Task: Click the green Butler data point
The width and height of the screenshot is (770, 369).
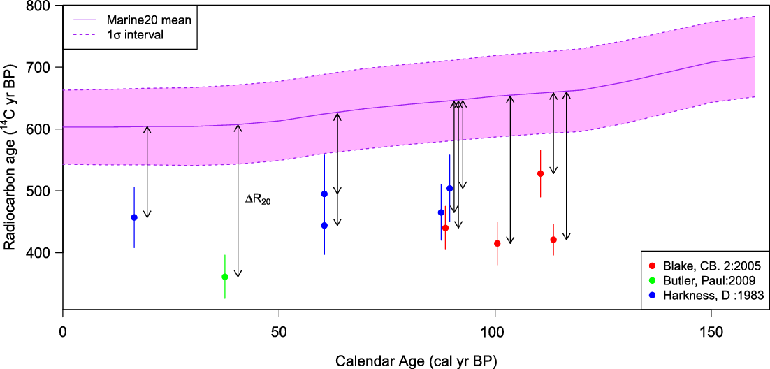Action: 224,277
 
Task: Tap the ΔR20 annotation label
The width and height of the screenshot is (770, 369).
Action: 257,199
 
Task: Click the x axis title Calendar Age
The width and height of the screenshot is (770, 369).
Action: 416,361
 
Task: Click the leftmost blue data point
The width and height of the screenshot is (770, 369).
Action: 134,217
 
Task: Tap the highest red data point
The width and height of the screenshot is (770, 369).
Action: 540,173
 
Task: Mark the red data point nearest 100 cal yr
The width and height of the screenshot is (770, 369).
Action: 497,243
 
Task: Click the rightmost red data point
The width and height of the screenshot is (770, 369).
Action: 553,240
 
